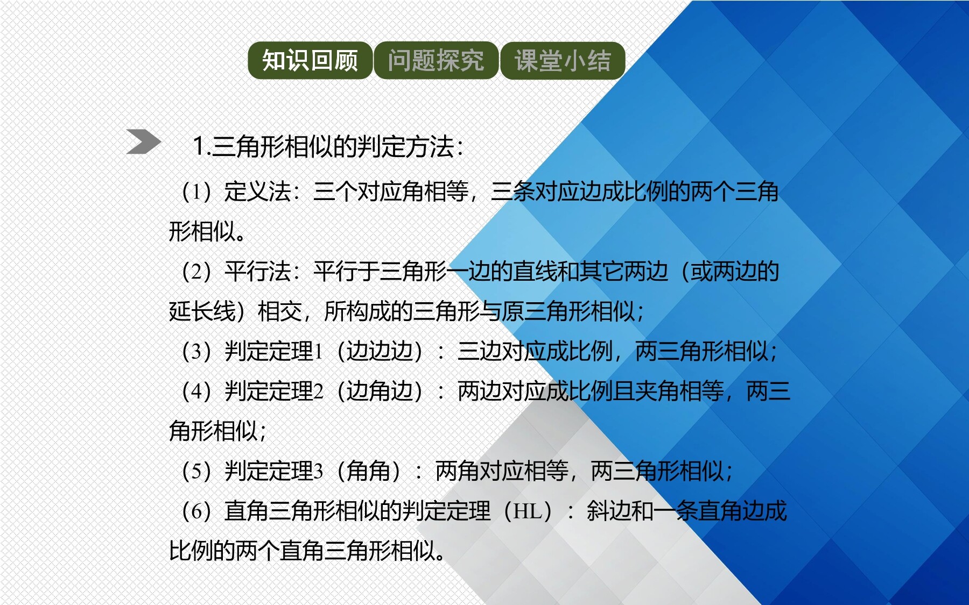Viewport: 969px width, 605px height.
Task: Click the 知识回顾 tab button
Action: pos(310,60)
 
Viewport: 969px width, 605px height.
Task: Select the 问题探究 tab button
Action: pos(436,60)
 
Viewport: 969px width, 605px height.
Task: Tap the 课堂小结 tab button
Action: pos(563,60)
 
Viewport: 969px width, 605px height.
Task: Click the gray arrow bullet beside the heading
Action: pos(144,142)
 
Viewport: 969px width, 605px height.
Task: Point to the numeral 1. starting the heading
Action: pos(201,146)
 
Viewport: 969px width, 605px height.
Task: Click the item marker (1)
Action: pos(196,192)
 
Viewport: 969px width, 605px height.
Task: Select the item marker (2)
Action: pos(196,272)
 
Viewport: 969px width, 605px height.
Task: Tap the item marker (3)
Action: pos(196,352)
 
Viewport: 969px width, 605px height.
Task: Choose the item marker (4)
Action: pos(196,392)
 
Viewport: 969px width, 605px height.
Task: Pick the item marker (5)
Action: pos(196,471)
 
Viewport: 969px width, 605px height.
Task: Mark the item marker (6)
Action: pos(196,511)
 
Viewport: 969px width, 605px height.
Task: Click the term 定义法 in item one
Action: pos(257,191)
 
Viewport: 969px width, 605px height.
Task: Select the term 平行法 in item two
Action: pos(257,271)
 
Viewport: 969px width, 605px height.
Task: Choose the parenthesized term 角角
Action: pos(368,471)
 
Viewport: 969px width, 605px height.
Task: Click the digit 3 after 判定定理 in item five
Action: pos(318,472)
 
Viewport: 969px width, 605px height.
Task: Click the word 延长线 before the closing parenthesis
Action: pos(202,311)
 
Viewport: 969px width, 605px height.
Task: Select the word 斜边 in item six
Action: pos(608,511)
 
